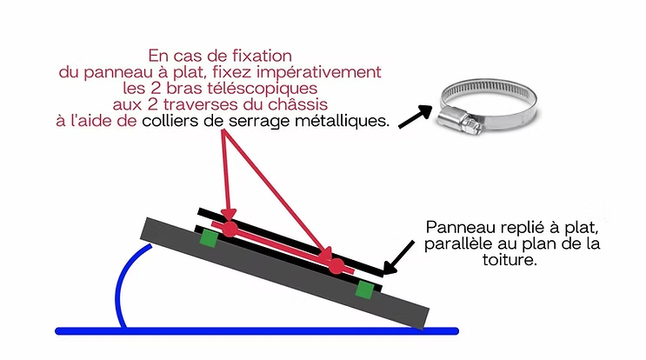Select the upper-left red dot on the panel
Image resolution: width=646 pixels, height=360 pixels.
coord(230,229)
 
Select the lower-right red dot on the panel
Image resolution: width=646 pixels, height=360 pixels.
coord(336,266)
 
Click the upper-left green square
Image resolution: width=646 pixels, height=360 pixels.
coord(208,237)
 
